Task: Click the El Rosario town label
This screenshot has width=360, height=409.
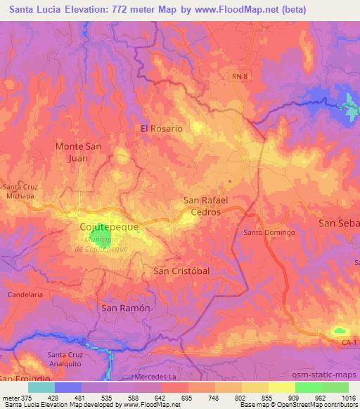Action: pos(162,129)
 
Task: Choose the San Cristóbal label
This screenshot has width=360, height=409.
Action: pos(181,271)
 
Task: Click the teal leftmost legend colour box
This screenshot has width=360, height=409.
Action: pos(41,387)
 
